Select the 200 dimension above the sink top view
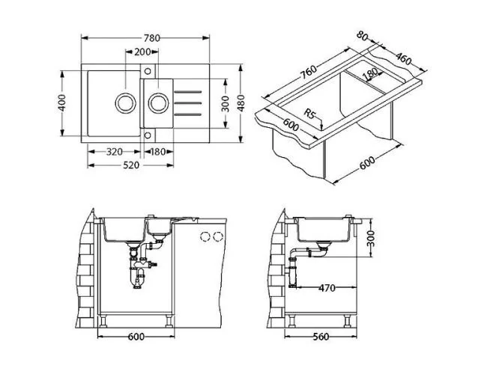coord(142,52)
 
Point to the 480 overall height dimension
coord(241,102)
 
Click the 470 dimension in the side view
coord(326,287)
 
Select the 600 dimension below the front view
coord(135,337)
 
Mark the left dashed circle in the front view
coord(204,236)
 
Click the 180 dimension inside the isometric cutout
coord(369,75)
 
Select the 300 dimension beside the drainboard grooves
coord(224,102)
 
